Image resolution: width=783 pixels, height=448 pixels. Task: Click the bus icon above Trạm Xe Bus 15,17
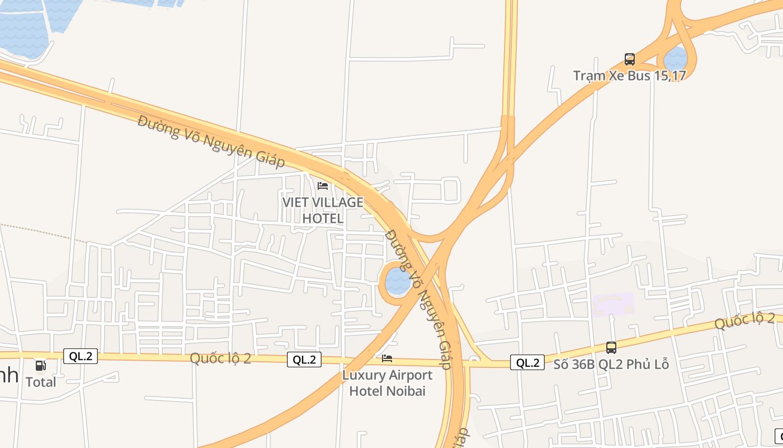(x=630, y=59)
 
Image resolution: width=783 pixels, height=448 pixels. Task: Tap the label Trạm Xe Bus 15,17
(x=629, y=75)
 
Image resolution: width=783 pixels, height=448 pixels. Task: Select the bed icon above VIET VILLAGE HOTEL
(x=323, y=185)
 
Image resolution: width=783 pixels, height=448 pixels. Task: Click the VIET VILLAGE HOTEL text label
(x=323, y=210)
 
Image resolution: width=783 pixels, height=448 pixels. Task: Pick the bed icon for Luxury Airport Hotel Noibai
(x=387, y=358)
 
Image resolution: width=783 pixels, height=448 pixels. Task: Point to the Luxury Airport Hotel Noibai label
(x=387, y=382)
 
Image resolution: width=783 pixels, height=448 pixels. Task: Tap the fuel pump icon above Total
(x=41, y=366)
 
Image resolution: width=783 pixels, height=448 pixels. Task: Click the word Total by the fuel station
(x=41, y=382)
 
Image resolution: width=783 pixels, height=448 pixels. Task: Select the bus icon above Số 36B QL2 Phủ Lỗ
(x=611, y=348)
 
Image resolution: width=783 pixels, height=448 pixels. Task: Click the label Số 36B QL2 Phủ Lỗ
(x=611, y=365)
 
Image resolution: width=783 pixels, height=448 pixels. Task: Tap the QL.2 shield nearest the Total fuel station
(x=81, y=356)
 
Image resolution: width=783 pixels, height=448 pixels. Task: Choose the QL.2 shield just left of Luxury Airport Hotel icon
(x=304, y=360)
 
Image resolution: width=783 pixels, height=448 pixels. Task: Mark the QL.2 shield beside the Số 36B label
(x=527, y=363)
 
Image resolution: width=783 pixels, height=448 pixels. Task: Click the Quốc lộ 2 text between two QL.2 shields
(x=220, y=358)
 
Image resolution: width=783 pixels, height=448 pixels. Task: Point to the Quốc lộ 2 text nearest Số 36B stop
(x=744, y=321)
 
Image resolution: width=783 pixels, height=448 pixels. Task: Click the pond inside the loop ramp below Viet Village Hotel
(x=397, y=281)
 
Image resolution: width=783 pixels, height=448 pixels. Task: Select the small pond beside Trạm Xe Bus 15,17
(x=676, y=59)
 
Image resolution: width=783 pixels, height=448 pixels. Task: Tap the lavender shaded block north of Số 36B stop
(x=613, y=304)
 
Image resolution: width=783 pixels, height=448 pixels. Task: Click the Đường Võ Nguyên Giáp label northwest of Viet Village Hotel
(x=211, y=141)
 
